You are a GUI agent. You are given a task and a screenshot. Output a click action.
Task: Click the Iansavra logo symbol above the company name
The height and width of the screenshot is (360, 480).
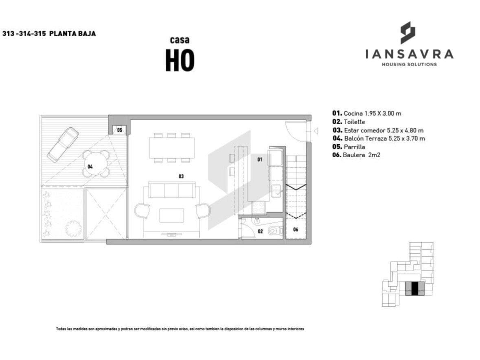[408, 33]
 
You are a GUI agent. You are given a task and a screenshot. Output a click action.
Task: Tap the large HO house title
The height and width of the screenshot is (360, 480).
[180, 60]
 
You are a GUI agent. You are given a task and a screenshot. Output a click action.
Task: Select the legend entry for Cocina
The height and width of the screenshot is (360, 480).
[367, 113]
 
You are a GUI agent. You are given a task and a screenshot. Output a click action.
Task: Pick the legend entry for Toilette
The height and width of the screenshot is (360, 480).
[348, 122]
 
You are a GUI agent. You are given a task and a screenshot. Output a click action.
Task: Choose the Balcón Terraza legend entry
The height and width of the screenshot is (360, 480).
[379, 138]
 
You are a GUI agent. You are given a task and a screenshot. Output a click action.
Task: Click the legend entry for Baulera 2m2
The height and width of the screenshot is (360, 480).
[356, 155]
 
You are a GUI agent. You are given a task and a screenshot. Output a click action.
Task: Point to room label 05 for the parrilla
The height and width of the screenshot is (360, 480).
[119, 130]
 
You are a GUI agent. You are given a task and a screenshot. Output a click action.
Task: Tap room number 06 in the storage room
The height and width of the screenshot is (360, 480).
[296, 229]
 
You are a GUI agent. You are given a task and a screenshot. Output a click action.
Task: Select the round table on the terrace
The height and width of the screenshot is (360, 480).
[96, 163]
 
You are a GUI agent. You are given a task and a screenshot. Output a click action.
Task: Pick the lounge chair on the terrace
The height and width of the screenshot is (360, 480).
[63, 144]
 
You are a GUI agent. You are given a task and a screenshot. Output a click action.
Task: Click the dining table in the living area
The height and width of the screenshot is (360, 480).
[172, 148]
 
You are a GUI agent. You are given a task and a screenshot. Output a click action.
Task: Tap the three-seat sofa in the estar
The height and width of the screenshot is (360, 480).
[172, 190]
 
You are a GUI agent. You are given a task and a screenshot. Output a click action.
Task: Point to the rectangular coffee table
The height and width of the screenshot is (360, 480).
[172, 215]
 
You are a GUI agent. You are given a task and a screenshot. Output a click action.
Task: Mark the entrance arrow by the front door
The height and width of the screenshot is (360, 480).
[315, 131]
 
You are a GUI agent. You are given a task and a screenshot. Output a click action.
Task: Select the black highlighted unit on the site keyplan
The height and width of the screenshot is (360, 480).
[414, 289]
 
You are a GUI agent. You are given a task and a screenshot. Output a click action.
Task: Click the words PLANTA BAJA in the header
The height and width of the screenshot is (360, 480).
[72, 34]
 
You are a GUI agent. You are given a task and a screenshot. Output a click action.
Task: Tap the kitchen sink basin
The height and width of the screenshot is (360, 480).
[277, 191]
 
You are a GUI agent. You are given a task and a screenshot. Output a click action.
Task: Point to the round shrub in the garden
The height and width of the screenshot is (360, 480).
[73, 228]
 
